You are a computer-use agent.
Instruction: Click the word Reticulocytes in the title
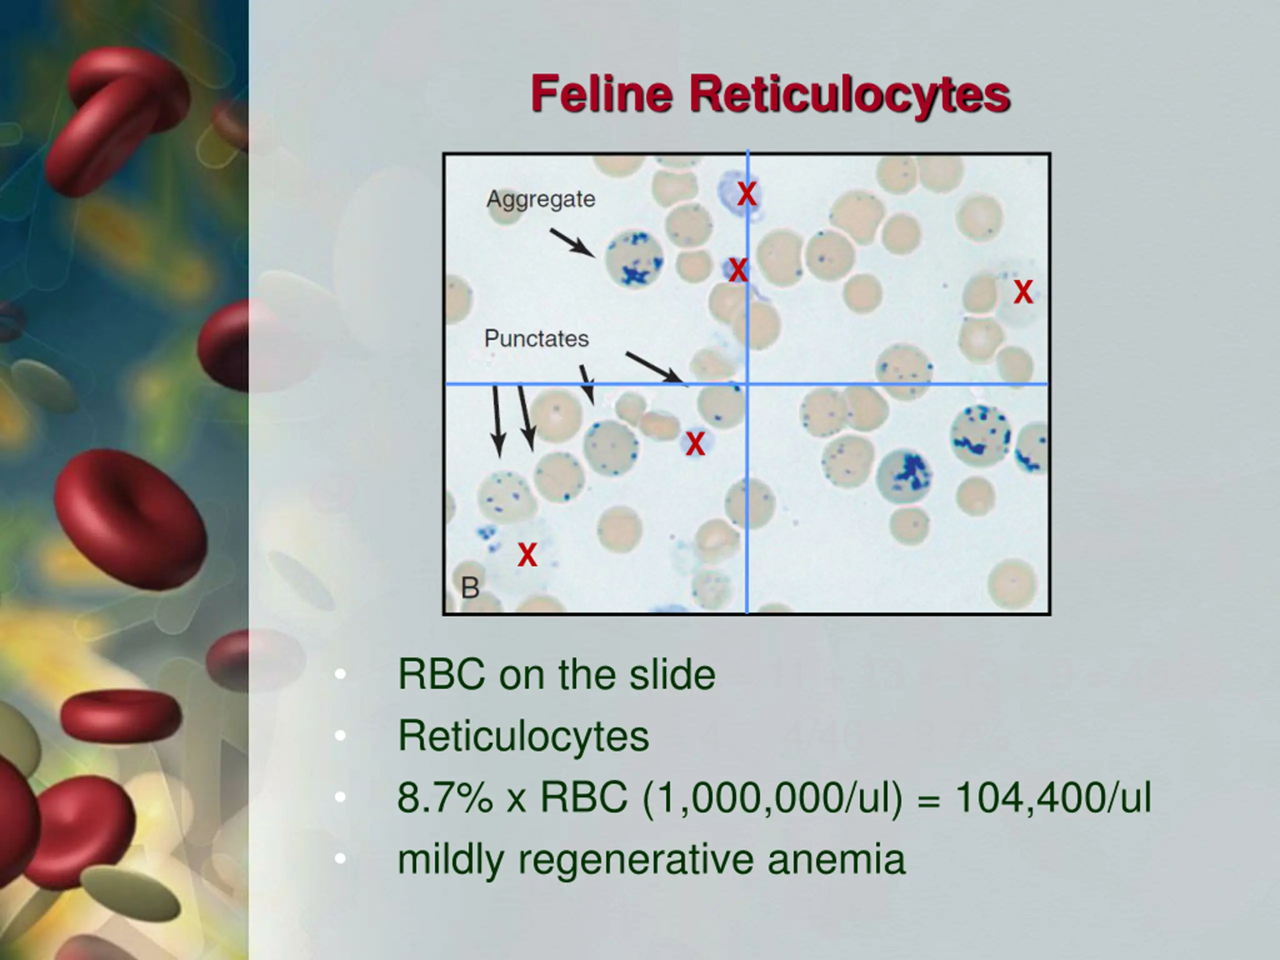849,95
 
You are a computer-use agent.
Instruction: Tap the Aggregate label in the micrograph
540,199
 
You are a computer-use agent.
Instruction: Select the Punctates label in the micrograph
536,338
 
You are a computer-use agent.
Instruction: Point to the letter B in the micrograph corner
470,588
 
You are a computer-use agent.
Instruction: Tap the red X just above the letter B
527,555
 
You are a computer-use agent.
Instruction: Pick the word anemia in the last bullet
836,859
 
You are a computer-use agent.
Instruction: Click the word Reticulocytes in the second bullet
523,736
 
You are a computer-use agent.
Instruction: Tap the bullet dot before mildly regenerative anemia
340,858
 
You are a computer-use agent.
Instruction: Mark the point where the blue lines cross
747,383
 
